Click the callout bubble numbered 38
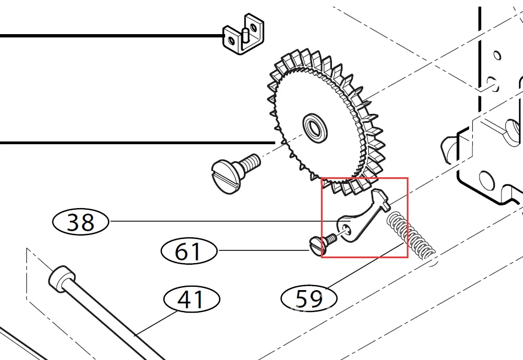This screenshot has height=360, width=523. [x=81, y=222]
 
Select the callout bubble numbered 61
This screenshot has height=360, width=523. [x=189, y=251]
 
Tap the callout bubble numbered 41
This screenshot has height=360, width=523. [x=192, y=299]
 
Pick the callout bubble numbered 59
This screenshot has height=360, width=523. [x=309, y=298]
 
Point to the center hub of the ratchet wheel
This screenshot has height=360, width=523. [x=315, y=128]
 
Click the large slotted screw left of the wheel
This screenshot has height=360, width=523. [x=235, y=172]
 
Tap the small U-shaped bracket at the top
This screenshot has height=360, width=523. [x=243, y=34]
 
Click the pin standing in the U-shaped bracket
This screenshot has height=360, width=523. [x=246, y=36]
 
